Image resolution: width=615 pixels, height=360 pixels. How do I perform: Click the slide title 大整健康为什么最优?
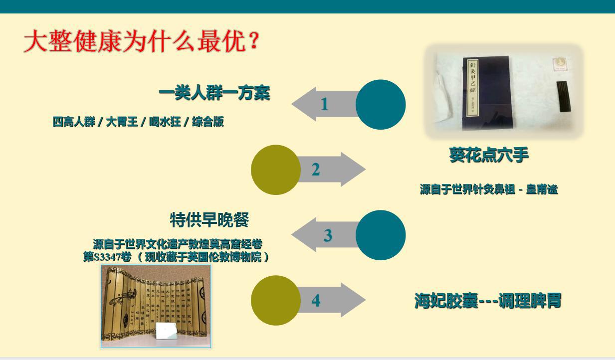(142, 41)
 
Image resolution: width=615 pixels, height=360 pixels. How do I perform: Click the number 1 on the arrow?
(324, 104)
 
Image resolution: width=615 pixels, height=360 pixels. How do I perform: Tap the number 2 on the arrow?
(316, 170)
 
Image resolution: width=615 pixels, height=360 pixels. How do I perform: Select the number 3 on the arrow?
(328, 235)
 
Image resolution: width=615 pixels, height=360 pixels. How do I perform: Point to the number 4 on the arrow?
(316, 301)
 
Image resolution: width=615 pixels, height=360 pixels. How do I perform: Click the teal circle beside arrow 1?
(381, 104)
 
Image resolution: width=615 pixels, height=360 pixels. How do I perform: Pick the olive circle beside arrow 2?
(275, 170)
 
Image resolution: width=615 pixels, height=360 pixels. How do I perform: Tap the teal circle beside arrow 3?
(381, 235)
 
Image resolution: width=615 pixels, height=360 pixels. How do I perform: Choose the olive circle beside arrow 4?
(275, 301)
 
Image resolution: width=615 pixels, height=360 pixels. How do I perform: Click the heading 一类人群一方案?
(214, 93)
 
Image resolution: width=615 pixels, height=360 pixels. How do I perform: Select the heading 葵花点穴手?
(488, 155)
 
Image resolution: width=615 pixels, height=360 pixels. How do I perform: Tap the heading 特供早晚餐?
(209, 219)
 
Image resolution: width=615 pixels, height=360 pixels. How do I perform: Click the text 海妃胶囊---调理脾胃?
(488, 301)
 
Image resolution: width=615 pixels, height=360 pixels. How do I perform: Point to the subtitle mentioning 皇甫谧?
(489, 189)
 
